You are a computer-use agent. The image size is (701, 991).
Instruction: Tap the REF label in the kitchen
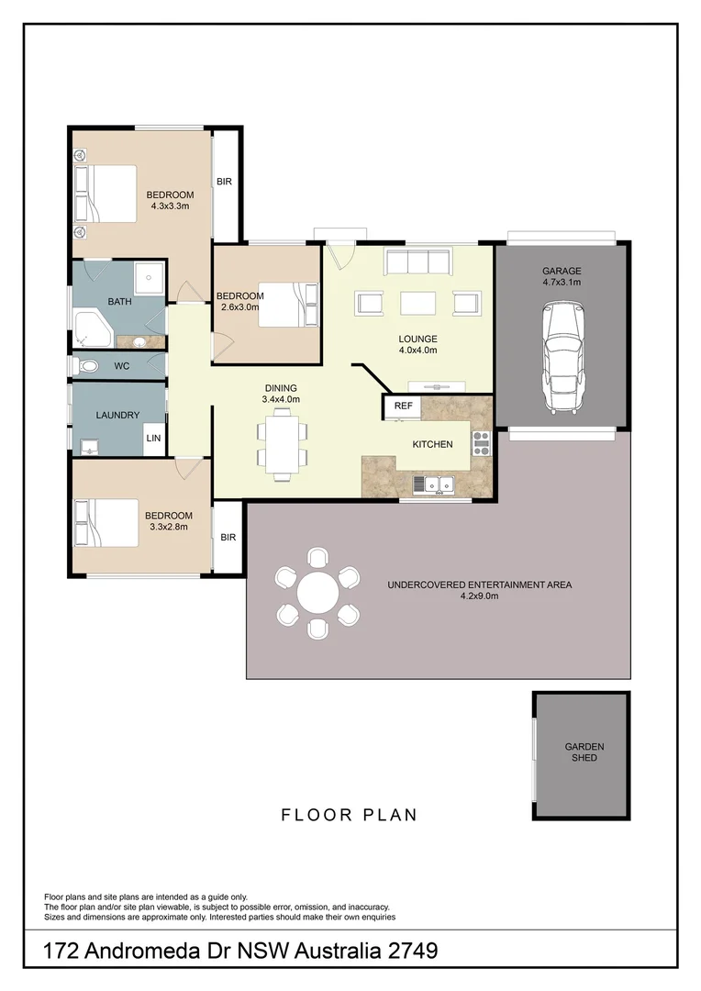[x=403, y=406]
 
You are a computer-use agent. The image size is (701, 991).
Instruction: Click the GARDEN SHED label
[x=584, y=752]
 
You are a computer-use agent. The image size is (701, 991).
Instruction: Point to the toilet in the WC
[x=87, y=366]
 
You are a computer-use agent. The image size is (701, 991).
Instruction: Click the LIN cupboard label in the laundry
[x=153, y=439]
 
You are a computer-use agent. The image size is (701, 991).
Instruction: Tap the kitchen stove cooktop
[x=481, y=443]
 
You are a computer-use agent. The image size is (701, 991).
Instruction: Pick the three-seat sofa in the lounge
[x=417, y=262]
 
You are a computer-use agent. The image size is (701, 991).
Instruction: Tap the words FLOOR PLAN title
[x=349, y=815]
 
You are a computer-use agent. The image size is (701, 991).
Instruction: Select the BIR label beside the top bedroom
[x=224, y=182]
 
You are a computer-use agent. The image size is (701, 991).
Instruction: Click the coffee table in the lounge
[x=417, y=303]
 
